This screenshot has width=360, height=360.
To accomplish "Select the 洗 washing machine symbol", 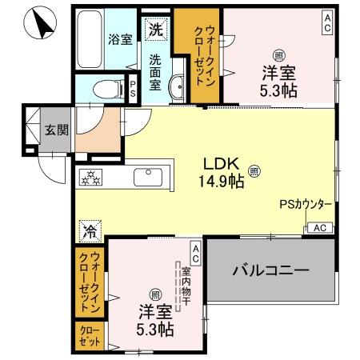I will [x=155, y=30].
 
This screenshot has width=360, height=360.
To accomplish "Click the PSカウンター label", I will [x=305, y=206].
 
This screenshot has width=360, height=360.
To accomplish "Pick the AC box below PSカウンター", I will [x=318, y=228].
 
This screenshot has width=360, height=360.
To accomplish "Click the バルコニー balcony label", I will [x=270, y=271].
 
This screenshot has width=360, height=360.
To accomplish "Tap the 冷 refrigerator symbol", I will [x=87, y=233].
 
